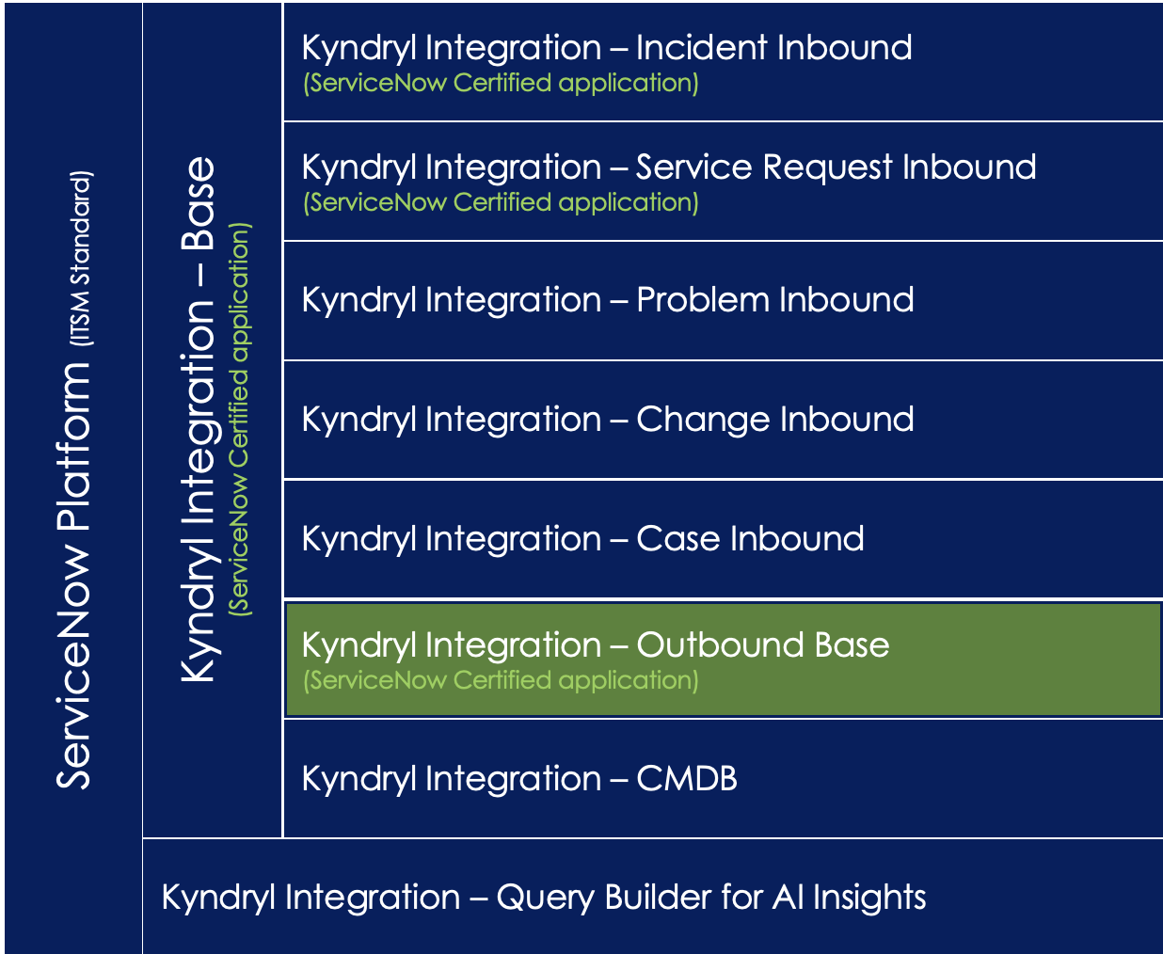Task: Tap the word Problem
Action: [703, 299]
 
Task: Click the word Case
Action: [677, 538]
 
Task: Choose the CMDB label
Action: [687, 778]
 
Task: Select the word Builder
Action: [659, 897]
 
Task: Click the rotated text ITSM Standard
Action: [82, 258]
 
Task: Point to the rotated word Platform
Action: [73, 447]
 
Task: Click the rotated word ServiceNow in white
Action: [73, 668]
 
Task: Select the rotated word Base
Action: [198, 203]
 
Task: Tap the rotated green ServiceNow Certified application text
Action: [240, 419]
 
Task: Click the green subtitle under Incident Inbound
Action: [501, 84]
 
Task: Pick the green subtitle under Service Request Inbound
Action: [501, 202]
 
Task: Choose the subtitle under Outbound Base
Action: [501, 680]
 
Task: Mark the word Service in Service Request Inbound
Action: [694, 167]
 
